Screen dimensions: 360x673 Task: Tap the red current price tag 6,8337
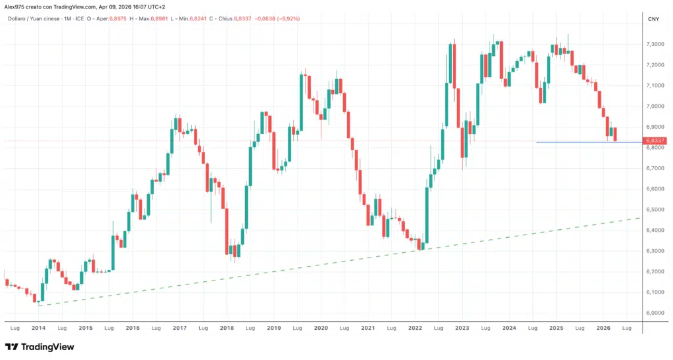click(x=655, y=141)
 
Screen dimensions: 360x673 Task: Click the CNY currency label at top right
click(x=653, y=19)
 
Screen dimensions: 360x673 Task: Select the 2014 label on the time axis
click(x=38, y=327)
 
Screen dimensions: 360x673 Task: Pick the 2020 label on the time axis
click(x=321, y=327)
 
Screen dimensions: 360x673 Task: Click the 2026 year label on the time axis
click(x=603, y=327)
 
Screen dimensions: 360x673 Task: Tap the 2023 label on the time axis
click(x=462, y=327)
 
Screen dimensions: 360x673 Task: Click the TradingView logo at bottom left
click(x=39, y=347)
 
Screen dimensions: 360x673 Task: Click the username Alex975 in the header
click(x=15, y=6)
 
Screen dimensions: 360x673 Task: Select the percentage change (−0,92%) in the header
click(x=286, y=18)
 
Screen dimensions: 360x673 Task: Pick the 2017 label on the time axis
click(x=179, y=327)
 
